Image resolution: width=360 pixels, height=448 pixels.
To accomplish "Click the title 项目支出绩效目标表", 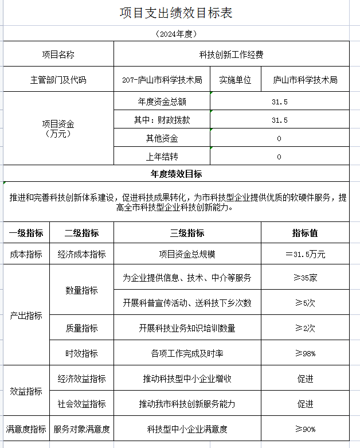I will [176, 13].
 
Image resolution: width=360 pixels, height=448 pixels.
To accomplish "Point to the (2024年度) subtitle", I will [176, 34].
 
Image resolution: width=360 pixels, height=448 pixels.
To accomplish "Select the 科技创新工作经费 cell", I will [231, 55].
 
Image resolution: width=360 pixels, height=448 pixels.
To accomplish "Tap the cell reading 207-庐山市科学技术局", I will [162, 80].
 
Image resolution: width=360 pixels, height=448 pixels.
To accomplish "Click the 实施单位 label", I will [236, 80].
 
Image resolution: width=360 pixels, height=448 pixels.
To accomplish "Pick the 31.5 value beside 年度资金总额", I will [279, 102].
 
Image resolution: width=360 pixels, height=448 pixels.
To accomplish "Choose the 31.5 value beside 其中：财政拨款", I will [279, 120].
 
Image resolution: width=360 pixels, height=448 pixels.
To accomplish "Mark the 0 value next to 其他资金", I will [279, 138].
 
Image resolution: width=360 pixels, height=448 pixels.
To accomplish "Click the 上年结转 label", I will [162, 157].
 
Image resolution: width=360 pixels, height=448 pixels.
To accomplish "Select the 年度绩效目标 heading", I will [176, 174].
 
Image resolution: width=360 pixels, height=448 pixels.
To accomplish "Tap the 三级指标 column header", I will [187, 233].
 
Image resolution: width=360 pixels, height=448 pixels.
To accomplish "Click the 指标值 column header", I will [305, 233].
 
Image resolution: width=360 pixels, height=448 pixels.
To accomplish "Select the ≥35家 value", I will [305, 278].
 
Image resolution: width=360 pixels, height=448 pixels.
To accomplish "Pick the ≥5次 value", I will [305, 302].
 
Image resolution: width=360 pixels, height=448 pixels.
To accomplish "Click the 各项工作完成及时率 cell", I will [187, 353].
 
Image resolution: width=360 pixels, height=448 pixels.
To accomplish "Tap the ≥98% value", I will [305, 353].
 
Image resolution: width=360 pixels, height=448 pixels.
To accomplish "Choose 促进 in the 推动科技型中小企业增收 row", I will [305, 379].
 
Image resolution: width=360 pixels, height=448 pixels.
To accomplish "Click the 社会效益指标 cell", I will [81, 404].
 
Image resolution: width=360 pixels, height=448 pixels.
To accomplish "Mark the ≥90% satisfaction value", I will [305, 428].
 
